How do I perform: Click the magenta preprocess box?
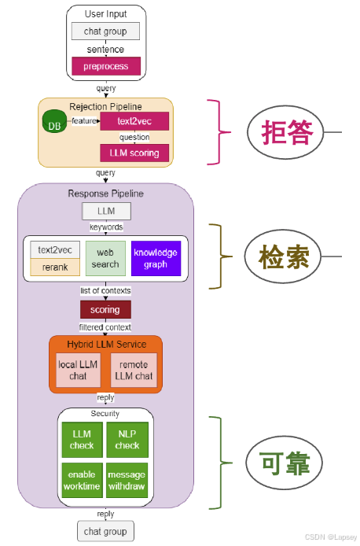tap(105, 67)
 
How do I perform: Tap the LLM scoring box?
tap(134, 153)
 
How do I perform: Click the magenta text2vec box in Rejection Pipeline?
tap(134, 121)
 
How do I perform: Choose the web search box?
tap(105, 259)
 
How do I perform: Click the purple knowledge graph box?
tap(156, 259)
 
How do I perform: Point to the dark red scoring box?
tap(105, 310)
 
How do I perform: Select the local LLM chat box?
tap(79, 370)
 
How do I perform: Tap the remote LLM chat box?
tap(133, 370)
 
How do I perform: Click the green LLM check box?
tap(82, 440)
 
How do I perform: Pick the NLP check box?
tap(127, 440)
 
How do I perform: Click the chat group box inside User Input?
tap(105, 31)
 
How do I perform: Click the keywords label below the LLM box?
tap(105, 227)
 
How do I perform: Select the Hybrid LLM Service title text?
tap(105, 344)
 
